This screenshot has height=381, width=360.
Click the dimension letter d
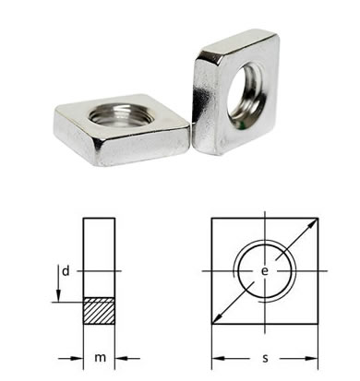(66, 271)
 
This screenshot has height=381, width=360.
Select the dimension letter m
(100, 358)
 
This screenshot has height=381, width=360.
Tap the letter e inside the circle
(265, 271)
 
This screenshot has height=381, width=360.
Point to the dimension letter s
(265, 358)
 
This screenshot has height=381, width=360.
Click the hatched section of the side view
(100, 311)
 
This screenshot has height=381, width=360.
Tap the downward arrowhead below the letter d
(58, 296)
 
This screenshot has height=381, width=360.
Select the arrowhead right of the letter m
(121, 358)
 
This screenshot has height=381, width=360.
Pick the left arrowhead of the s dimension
(218, 359)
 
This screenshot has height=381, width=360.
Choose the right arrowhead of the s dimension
(311, 359)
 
